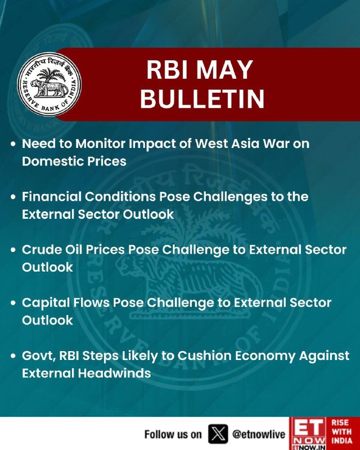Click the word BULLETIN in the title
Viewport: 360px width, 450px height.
point(202,99)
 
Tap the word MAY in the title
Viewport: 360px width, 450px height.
point(224,70)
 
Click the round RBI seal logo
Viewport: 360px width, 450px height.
point(49,84)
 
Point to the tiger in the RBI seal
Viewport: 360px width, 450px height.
point(49,88)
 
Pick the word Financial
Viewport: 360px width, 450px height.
point(52,196)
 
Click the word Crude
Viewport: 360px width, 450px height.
point(42,250)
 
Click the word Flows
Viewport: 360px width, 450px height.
point(91,303)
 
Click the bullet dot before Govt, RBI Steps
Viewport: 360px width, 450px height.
point(13,356)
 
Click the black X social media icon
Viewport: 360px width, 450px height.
point(218,434)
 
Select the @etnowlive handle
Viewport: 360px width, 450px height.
point(259,434)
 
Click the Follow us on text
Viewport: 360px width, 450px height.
point(173,434)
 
